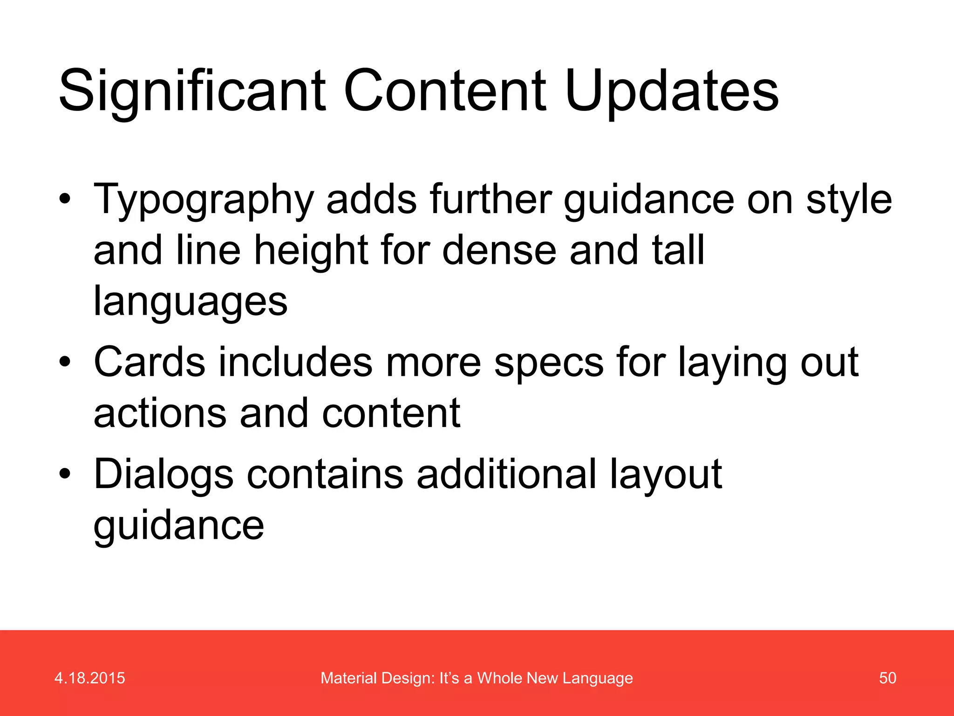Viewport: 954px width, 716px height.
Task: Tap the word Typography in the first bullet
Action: (x=204, y=200)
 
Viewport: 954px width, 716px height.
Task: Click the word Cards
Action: (x=149, y=363)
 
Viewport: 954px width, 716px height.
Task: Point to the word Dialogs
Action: (x=163, y=475)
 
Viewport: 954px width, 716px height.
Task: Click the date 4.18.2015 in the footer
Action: (x=89, y=678)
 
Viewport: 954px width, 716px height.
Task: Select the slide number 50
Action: (x=887, y=678)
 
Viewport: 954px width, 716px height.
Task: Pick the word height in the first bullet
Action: (x=311, y=252)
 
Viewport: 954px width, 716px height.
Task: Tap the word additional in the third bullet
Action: (x=506, y=475)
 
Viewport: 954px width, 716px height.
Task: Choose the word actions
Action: (x=160, y=414)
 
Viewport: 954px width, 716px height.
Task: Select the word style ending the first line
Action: (x=849, y=200)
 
